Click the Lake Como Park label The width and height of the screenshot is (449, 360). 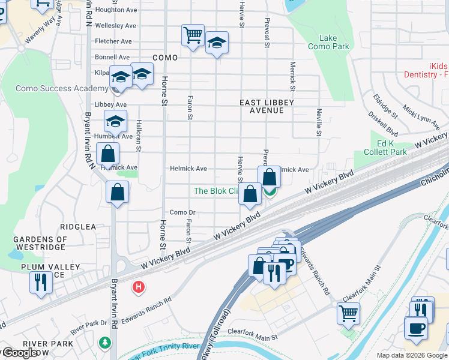pos(328,42)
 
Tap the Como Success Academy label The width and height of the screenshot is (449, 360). pos(53,88)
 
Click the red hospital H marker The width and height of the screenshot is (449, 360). pos(139,287)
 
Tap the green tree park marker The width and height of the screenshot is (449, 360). pos(106,343)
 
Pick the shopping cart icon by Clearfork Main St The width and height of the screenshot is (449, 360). pos(348,312)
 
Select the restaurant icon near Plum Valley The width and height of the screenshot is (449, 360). pos(41,281)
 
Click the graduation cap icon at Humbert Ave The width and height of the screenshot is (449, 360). pos(115,121)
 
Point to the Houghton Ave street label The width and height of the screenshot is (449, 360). pos(116,10)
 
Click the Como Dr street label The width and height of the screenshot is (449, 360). pos(182,212)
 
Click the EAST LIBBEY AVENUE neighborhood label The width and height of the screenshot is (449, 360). pos(267,107)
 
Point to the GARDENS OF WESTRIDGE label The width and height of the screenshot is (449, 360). pos(40,244)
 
